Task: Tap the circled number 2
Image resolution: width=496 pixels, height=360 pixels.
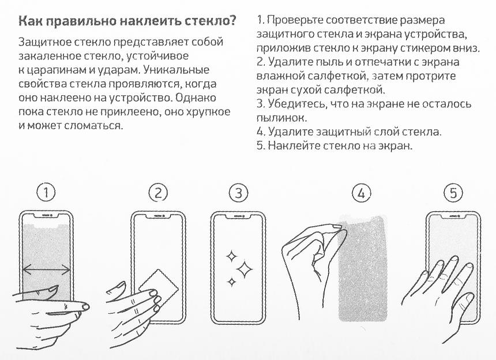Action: (157, 193)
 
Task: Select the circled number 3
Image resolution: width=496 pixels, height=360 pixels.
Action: (238, 193)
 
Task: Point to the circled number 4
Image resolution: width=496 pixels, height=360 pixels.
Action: (362, 193)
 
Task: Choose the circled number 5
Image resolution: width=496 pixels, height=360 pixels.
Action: (453, 193)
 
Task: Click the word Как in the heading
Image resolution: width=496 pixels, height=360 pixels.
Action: (31, 22)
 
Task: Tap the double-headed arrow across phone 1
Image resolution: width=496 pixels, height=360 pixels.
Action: (47, 269)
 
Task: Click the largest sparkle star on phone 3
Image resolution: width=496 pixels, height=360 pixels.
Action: (245, 267)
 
